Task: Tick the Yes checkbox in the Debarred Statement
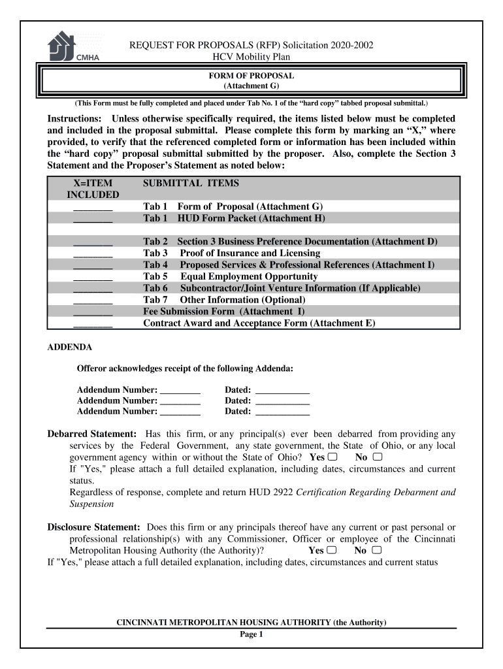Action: (333, 457)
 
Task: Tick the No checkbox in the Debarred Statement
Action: (377, 457)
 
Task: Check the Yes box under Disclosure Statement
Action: (333, 550)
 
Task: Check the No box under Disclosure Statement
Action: (376, 550)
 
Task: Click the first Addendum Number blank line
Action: (180, 390)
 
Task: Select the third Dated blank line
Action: (282, 412)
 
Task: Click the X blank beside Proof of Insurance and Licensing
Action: (93, 253)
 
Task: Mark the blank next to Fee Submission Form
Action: (93, 312)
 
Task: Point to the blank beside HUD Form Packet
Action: (93, 219)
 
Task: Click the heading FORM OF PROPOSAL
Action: (252, 76)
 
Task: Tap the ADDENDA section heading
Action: (70, 347)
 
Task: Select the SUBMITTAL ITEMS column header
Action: (191, 184)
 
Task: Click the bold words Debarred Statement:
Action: (92, 434)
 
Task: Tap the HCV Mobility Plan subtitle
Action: (252, 57)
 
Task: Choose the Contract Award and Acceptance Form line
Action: (259, 324)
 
